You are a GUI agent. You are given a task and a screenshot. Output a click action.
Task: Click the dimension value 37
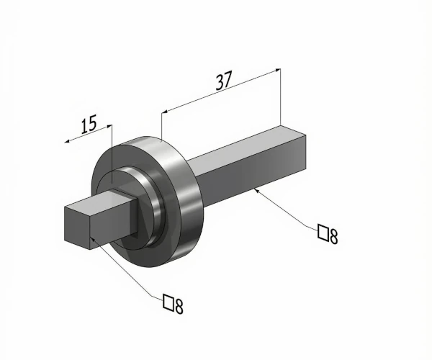(x=224, y=80)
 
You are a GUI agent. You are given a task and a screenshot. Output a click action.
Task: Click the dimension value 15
(x=89, y=125)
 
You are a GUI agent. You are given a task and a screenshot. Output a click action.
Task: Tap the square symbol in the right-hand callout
(x=323, y=232)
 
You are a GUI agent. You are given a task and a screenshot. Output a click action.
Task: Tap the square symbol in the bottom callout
(x=168, y=302)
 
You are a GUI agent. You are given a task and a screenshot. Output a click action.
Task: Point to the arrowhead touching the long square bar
(x=256, y=190)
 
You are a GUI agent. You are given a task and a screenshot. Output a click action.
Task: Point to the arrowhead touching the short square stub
(x=94, y=238)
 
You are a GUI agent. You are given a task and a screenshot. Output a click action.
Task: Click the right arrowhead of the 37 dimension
(x=277, y=71)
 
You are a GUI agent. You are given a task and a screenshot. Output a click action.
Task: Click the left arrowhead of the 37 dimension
(x=165, y=112)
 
